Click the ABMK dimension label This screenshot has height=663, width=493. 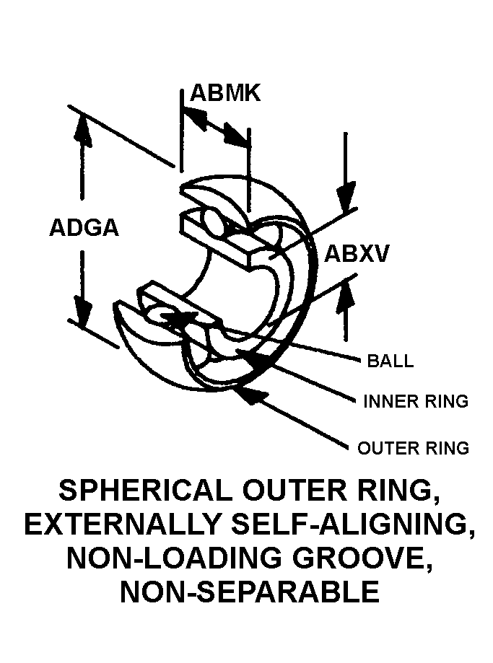click(x=224, y=94)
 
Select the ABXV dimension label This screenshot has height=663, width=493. click(x=357, y=254)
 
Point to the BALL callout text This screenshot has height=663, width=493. click(x=391, y=361)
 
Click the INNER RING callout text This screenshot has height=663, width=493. click(x=416, y=401)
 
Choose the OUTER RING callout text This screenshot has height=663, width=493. click(x=414, y=448)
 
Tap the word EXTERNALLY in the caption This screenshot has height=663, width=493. click(x=128, y=525)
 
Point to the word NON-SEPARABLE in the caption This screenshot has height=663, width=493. click(x=249, y=592)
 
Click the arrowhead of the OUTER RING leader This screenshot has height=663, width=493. click(x=249, y=390)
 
